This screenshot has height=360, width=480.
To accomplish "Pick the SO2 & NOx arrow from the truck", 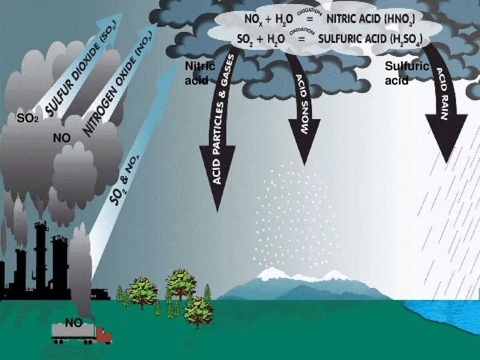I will [x=123, y=174].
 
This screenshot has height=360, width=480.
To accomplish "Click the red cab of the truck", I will [x=103, y=334].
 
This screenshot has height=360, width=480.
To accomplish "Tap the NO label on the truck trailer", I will [x=73, y=323].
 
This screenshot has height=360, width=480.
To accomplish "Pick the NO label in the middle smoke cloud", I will [x=62, y=138].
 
